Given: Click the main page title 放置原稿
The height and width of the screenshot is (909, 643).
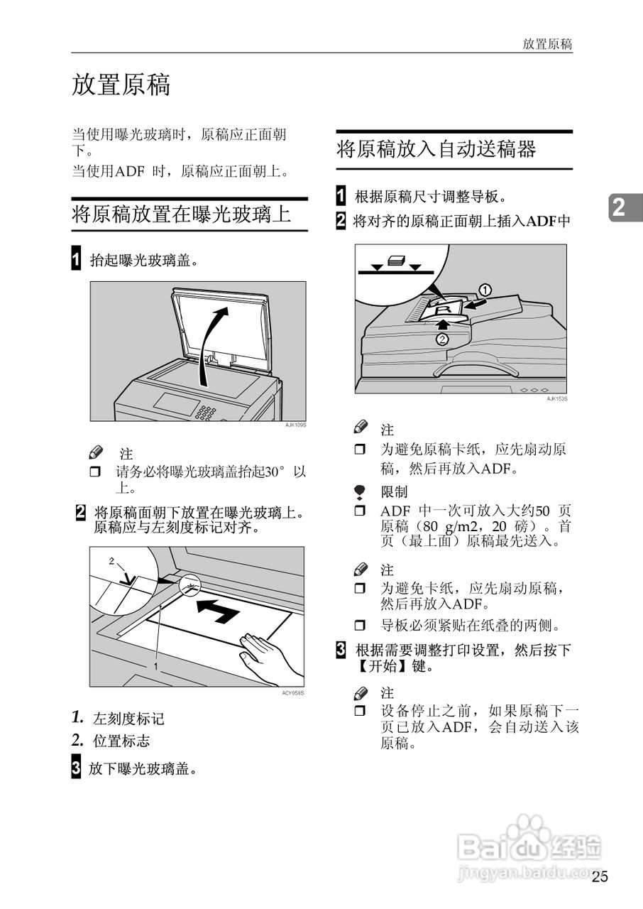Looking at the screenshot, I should point(121,85).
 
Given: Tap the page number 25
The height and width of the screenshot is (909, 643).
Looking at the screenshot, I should point(600,876).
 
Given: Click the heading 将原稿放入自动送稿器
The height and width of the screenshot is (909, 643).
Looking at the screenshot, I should point(436,150).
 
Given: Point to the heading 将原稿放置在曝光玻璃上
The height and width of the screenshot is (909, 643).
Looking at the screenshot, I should point(181,214).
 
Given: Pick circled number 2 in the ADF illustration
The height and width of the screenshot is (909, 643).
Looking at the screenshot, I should point(443,339).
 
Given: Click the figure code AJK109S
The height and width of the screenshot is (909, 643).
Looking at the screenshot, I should point(295,425).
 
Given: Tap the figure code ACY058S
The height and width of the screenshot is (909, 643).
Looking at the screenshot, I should point(292,692).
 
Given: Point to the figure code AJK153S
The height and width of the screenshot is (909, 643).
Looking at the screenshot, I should point(556,399).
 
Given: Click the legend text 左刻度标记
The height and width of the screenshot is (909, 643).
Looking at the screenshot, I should point(128,719).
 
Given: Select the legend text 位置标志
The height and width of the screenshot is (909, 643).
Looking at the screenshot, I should point(121,741).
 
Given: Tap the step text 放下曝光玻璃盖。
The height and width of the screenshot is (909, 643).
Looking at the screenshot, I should point(143,768).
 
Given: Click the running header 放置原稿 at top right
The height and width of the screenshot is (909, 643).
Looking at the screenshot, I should point(547,43).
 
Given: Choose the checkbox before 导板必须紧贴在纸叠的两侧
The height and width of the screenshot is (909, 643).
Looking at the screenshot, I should point(360,626).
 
